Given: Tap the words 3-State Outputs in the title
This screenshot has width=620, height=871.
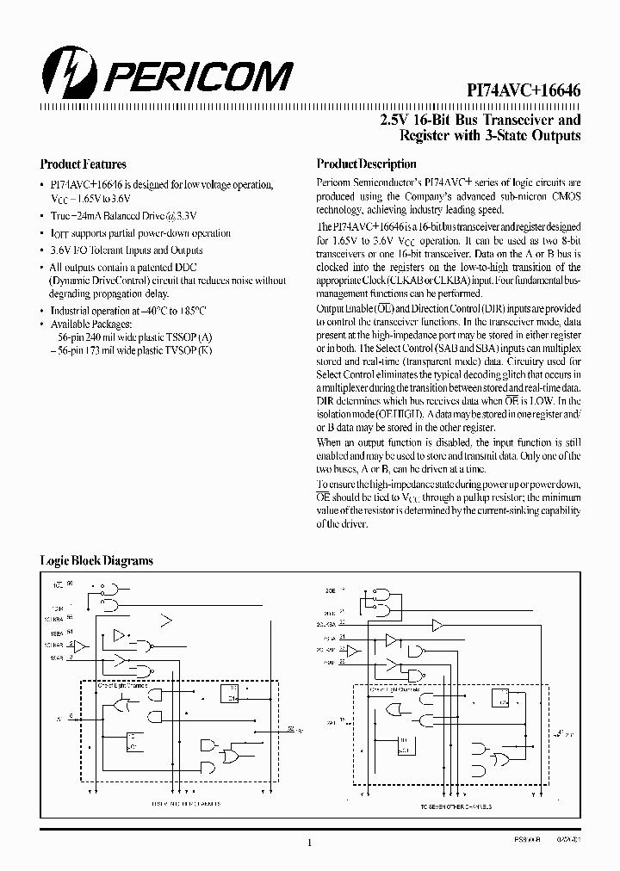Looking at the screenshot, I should (x=534, y=136).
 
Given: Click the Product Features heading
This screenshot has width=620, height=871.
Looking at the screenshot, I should (x=84, y=164).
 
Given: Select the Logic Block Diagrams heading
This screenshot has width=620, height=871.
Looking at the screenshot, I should (x=96, y=560).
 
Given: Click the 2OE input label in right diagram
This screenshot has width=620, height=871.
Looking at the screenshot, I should (x=331, y=591).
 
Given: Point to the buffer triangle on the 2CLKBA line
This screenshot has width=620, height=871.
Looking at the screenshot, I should (x=437, y=624).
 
